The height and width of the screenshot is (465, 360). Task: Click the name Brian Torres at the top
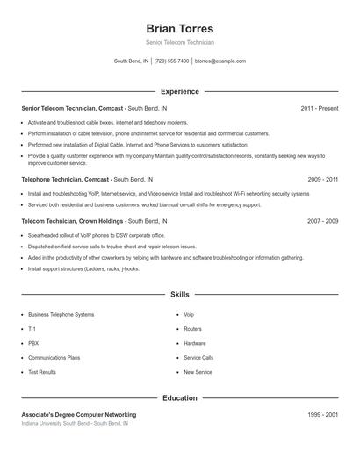click(179, 28)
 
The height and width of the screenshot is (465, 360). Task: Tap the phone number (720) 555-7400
click(171, 61)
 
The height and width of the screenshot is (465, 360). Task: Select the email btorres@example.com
click(220, 61)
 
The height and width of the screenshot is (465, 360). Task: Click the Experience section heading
click(179, 91)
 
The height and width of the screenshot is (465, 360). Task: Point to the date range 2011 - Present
click(319, 108)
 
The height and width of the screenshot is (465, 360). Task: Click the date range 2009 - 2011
click(322, 179)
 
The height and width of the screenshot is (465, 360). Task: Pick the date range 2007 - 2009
click(322, 221)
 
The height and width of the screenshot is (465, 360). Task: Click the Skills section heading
click(179, 296)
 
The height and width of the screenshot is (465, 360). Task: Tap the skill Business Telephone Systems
click(61, 314)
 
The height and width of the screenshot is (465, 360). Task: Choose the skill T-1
click(32, 329)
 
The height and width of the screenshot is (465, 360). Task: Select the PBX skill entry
click(33, 343)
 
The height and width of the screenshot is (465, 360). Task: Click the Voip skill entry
click(189, 314)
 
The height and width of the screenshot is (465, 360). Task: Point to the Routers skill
click(192, 329)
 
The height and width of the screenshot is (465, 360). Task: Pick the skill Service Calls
click(198, 358)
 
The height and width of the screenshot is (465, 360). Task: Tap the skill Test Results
click(42, 372)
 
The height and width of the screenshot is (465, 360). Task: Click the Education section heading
click(179, 397)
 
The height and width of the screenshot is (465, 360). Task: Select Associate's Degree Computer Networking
click(79, 414)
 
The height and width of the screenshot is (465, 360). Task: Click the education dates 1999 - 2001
click(322, 414)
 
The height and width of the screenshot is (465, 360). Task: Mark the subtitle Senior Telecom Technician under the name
click(179, 42)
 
